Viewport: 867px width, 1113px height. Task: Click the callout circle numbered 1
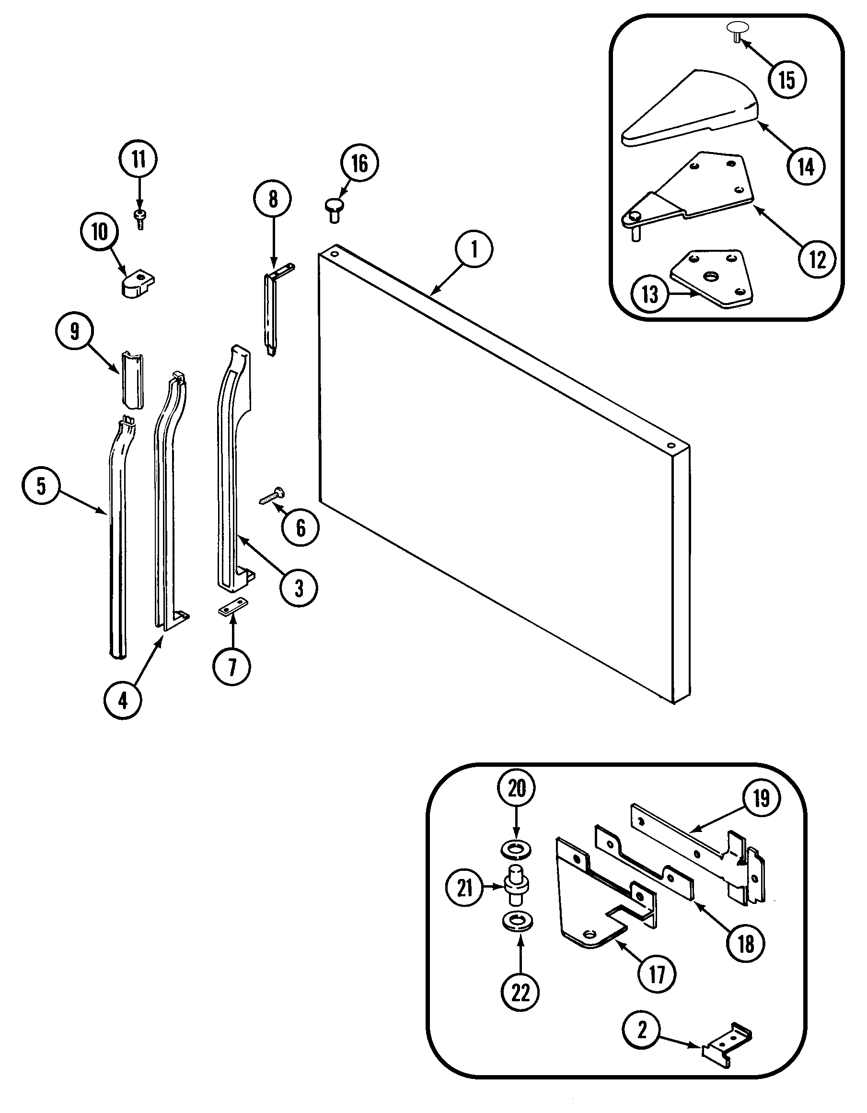point(474,250)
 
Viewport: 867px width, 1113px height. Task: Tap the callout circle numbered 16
point(359,164)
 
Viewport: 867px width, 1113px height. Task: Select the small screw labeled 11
point(139,219)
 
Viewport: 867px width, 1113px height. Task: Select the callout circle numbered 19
point(761,798)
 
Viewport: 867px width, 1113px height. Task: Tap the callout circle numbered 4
point(123,701)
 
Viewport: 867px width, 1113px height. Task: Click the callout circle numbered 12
point(817,259)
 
